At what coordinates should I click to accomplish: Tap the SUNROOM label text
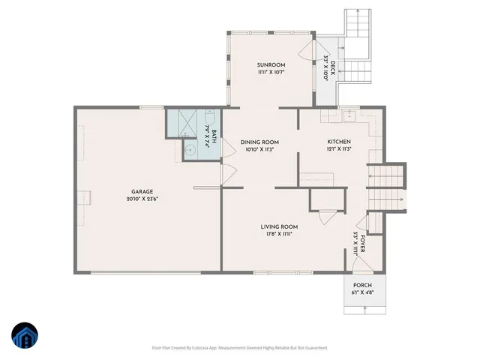pos(271,66)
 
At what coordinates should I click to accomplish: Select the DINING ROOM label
pos(259,142)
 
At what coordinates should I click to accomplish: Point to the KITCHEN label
pos(339,142)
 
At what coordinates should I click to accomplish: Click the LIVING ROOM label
pos(279,226)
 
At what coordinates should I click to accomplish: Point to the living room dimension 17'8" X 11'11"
pos(279,234)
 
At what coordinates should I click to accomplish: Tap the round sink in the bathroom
pos(190,149)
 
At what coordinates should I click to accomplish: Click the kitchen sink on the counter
pos(348,116)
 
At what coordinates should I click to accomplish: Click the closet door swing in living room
pos(325,217)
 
